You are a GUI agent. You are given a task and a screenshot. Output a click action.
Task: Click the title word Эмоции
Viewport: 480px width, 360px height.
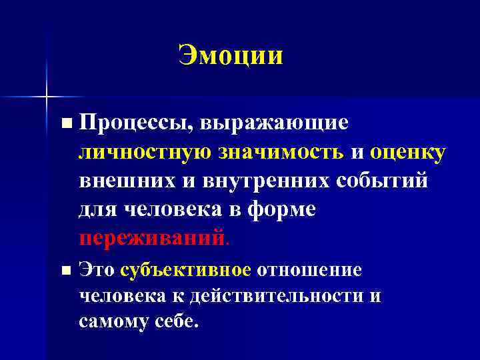[x=231, y=55]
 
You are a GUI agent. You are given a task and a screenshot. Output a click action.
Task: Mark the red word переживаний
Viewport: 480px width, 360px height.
[x=150, y=238]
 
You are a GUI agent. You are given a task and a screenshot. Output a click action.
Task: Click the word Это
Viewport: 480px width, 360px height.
[x=97, y=269]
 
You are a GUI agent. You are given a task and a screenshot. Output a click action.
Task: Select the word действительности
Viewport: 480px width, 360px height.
[x=277, y=295]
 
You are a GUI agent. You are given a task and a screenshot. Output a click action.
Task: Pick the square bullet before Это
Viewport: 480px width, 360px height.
[x=65, y=270]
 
